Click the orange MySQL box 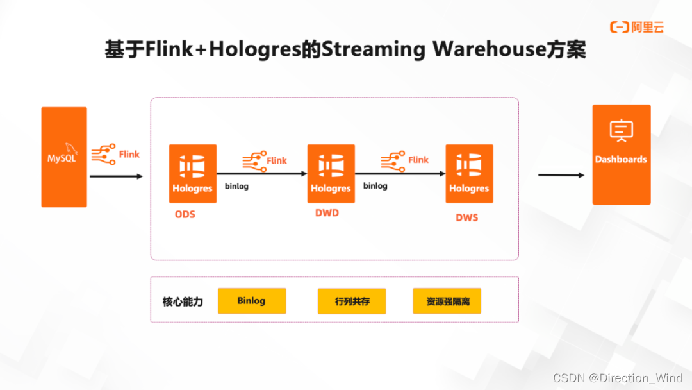[64, 157]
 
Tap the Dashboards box [621, 155]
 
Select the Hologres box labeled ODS [192, 173]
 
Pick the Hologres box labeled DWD [331, 173]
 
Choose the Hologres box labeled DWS [469, 173]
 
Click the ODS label [185, 214]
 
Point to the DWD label [327, 213]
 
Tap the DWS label [466, 217]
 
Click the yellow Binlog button [251, 301]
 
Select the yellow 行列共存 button [352, 301]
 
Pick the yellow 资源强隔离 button [447, 301]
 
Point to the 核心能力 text [183, 301]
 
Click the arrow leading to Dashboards [561, 175]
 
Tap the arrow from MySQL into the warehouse [116, 176]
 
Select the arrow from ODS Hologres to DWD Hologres [262, 173]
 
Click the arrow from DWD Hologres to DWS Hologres [400, 173]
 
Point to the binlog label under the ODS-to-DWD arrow [237, 187]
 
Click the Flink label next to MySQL [129, 154]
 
